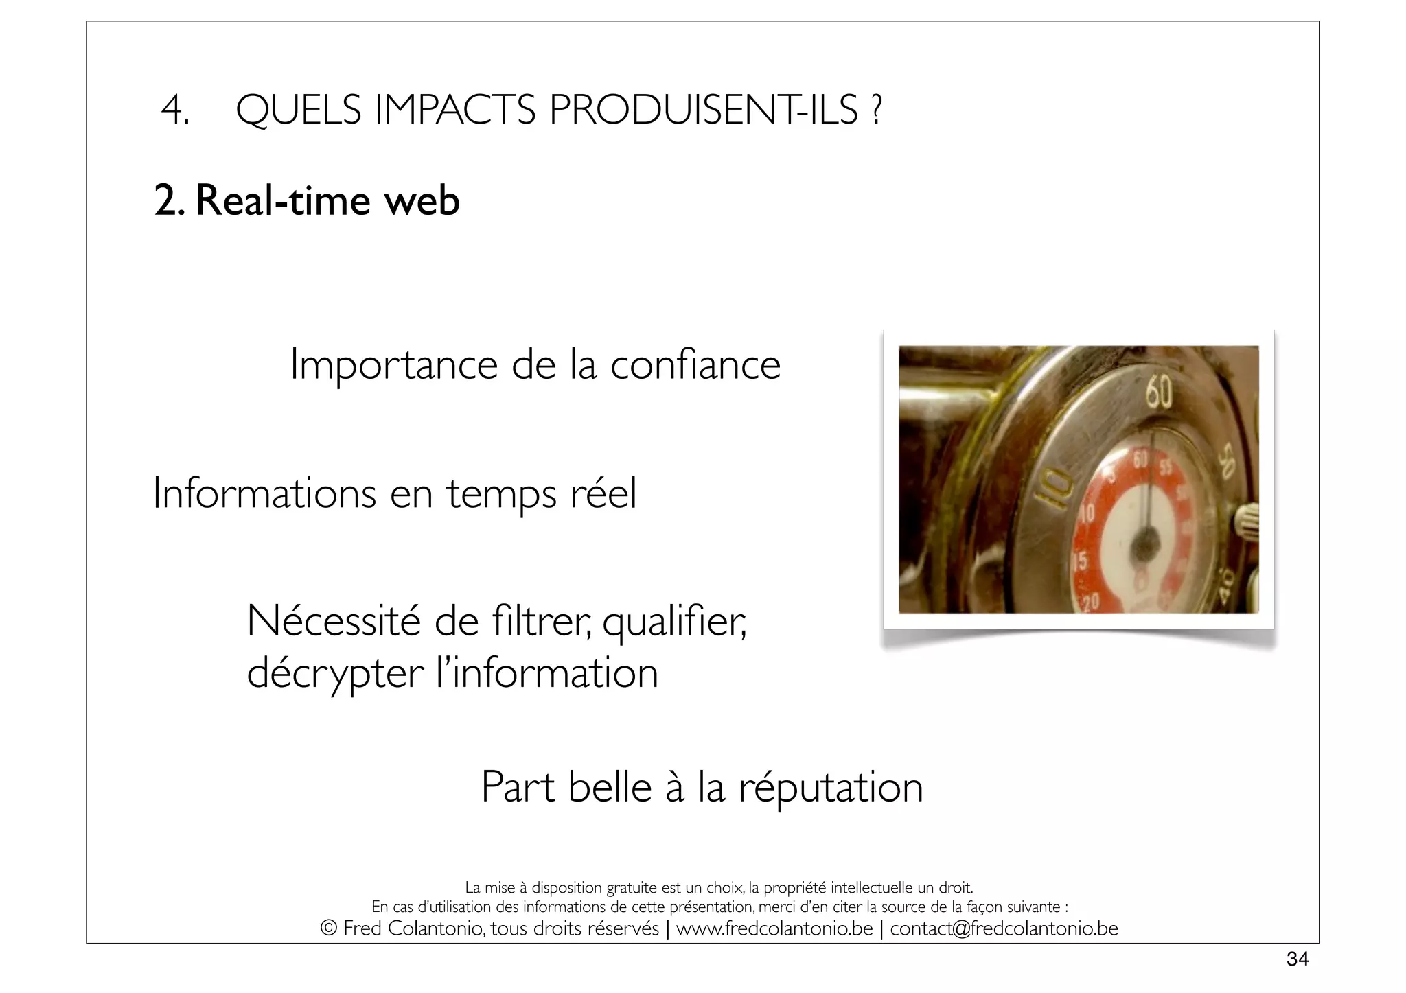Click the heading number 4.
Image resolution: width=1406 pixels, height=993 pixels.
[x=174, y=110]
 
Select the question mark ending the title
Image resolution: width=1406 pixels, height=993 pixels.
[x=875, y=110]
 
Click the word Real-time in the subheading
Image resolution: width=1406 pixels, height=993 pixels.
[x=284, y=201]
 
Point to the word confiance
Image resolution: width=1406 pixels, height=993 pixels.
[x=695, y=364]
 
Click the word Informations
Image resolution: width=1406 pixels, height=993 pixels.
[x=264, y=493]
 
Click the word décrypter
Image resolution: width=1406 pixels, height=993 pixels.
[x=335, y=674]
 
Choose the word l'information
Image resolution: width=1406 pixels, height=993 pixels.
[x=547, y=673]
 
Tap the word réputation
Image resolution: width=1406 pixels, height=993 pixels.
[x=831, y=787]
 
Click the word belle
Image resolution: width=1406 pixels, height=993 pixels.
[x=610, y=787]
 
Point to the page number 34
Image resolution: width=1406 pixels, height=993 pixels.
[x=1297, y=959]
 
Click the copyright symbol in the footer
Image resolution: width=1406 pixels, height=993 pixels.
[x=329, y=929]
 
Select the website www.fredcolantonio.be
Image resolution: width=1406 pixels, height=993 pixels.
[x=774, y=929]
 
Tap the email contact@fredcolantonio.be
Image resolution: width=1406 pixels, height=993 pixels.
[x=1004, y=929]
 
